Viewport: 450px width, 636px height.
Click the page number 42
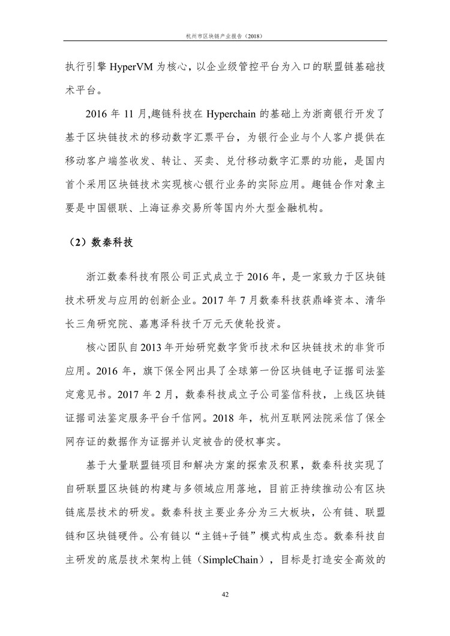[x=225, y=595]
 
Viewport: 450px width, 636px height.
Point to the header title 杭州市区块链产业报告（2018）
[x=224, y=36]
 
